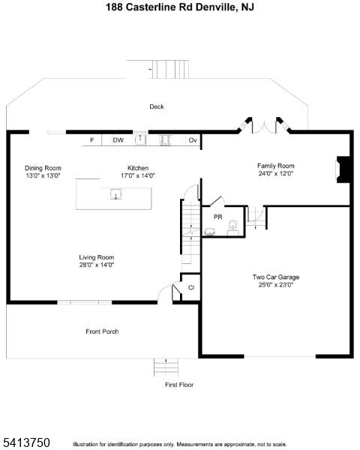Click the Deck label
157,106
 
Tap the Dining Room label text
43,168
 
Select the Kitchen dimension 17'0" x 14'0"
138,175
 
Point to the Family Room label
275,166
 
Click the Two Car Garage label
276,277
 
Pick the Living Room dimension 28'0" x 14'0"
97,265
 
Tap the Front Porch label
102,331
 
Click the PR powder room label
218,217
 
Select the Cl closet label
191,287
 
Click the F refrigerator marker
91,140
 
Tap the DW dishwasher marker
118,140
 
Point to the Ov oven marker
193,140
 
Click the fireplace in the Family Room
343,169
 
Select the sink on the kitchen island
116,194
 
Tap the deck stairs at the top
170,69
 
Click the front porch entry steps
166,367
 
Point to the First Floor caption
179,385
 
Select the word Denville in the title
215,7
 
